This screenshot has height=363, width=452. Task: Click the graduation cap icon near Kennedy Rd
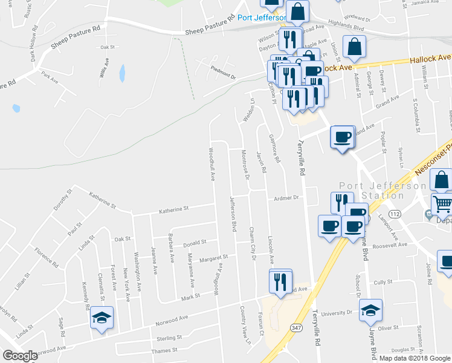[102, 317]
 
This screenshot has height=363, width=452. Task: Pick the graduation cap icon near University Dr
[370, 310]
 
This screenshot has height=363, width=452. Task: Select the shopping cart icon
[442, 205]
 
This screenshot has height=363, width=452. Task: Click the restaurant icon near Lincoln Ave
[280, 281]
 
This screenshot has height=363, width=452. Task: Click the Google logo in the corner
[20, 356]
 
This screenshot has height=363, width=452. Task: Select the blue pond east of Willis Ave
[123, 74]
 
